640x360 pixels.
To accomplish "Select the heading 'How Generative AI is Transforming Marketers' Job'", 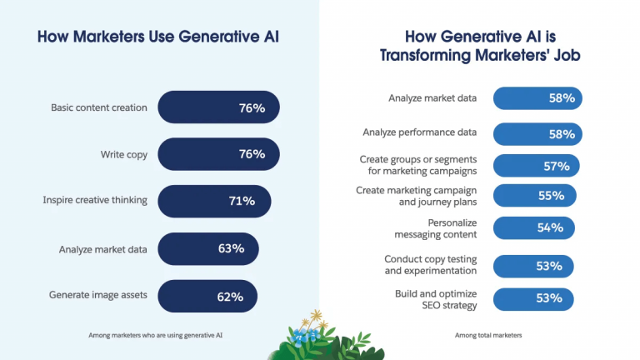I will (x=479, y=46).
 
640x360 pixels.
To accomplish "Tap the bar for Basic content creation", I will (x=218, y=107).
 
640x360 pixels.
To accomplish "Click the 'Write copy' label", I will (x=123, y=154).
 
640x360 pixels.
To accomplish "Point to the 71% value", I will (x=242, y=201).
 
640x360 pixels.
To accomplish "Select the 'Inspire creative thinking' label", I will (x=95, y=201).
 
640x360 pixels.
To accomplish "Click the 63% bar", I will (x=208, y=248).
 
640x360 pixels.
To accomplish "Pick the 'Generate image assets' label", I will (x=99, y=296).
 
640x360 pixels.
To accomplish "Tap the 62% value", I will (x=230, y=296).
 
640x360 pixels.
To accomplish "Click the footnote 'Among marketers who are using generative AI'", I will (x=156, y=336).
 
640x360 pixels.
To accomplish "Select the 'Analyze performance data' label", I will (x=420, y=132).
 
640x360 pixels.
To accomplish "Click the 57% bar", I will (x=536, y=166).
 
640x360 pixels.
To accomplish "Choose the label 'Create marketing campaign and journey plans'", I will (x=417, y=197).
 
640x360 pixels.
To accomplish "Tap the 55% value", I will (x=551, y=197).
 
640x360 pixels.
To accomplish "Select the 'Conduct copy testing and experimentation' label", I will (x=430, y=265).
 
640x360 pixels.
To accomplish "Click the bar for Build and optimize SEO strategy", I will (x=533, y=298).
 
